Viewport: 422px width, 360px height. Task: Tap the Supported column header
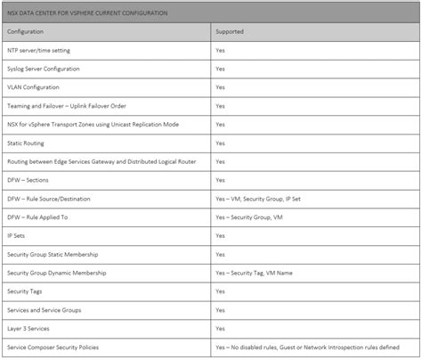tap(230, 31)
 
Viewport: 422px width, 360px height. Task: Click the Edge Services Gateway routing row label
tap(101, 161)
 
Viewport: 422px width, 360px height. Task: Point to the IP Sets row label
tap(18, 236)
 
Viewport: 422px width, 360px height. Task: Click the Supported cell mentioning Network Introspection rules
tap(307, 347)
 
